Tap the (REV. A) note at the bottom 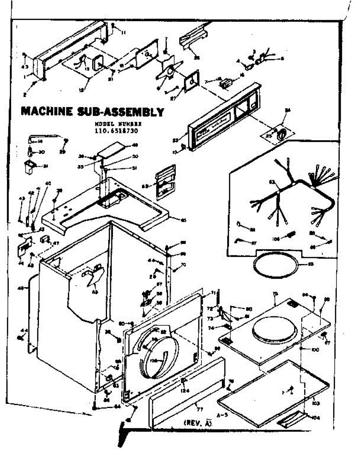(x=197, y=423)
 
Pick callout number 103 (x=316, y=403)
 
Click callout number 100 (x=315, y=350)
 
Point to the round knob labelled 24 (x=281, y=133)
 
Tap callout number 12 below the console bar (x=82, y=90)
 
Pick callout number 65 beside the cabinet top (x=183, y=220)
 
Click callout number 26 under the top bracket (x=196, y=58)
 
